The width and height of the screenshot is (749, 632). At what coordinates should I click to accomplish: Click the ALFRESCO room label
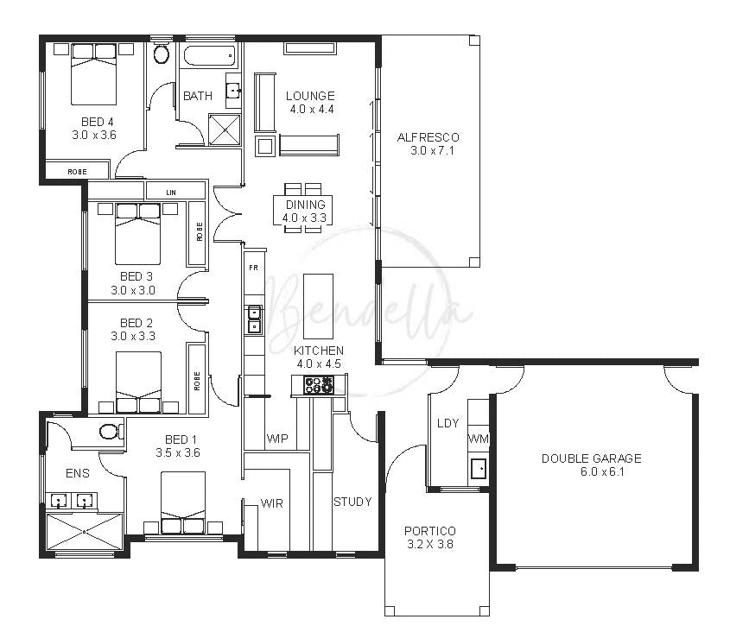[428, 137]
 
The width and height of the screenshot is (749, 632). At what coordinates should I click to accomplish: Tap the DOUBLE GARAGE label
[592, 458]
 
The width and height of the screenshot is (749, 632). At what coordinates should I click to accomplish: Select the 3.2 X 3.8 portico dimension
[430, 544]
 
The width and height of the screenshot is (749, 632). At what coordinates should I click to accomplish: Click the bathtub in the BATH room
[210, 55]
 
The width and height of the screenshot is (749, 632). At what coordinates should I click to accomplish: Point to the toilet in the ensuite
[111, 432]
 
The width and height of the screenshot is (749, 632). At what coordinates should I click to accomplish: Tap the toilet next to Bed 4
[162, 54]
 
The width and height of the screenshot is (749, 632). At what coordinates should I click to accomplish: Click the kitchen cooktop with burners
[319, 385]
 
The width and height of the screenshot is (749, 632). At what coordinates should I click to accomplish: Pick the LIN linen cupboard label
[171, 193]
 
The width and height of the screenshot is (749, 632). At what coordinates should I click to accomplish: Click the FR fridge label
[254, 268]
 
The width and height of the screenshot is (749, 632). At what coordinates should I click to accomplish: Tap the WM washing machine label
[478, 439]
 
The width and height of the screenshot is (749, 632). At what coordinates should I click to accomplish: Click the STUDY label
[352, 502]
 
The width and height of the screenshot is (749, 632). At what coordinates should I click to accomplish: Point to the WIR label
[272, 503]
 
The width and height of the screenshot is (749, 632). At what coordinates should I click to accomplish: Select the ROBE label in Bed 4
[77, 172]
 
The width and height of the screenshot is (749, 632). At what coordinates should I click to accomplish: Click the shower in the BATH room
[225, 130]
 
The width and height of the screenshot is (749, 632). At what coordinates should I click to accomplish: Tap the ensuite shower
[84, 531]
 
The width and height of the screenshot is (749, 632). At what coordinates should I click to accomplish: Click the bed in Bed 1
[183, 502]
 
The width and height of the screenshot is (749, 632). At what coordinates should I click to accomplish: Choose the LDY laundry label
[448, 423]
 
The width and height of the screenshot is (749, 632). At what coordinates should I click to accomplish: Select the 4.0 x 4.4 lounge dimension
[312, 110]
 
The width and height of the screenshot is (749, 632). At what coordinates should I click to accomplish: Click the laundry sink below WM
[479, 468]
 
